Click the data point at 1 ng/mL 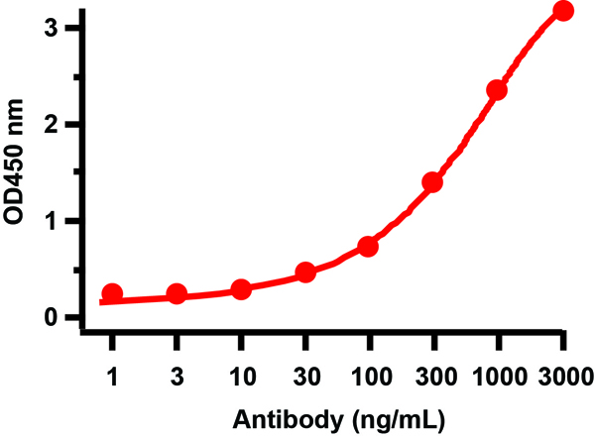[112, 293]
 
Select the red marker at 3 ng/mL [177, 293]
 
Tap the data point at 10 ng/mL [240, 289]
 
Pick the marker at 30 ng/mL [305, 272]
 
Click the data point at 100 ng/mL [368, 246]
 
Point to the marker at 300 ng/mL [432, 182]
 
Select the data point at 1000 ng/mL [497, 90]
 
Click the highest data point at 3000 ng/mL [563, 11]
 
